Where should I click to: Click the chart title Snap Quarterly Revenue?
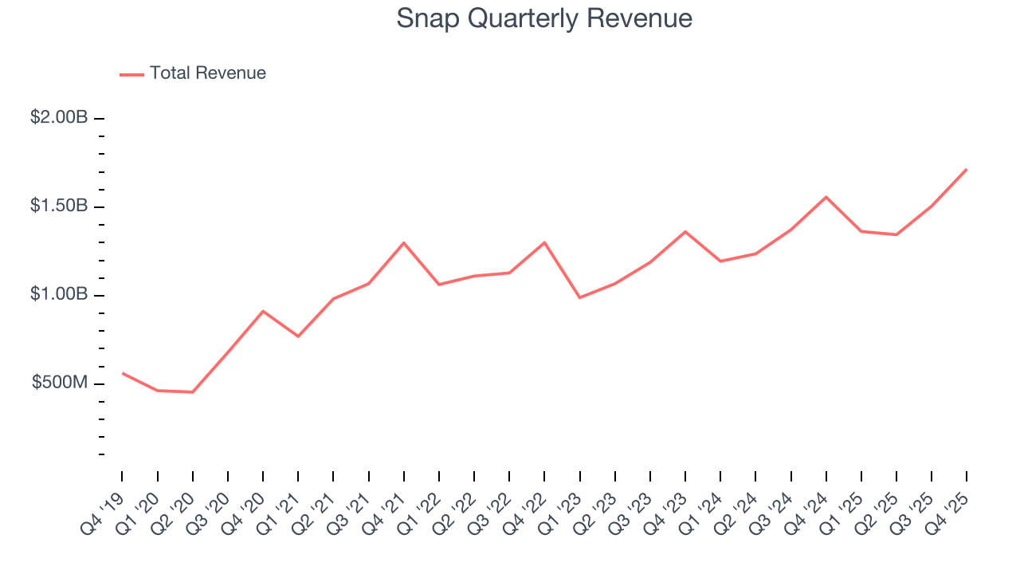544,19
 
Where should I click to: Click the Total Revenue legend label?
207,73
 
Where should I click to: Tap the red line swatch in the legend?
131,74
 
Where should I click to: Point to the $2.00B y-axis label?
59,118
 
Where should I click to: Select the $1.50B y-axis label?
59,206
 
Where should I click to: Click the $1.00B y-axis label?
59,295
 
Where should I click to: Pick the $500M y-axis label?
59,383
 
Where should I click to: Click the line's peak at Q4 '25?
967,169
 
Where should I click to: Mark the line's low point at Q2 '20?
192,392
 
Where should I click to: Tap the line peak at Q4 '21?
404,242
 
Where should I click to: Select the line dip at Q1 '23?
579,298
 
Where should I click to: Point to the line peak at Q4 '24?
826,197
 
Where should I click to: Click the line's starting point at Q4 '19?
122,373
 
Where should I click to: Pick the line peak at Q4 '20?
263,311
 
